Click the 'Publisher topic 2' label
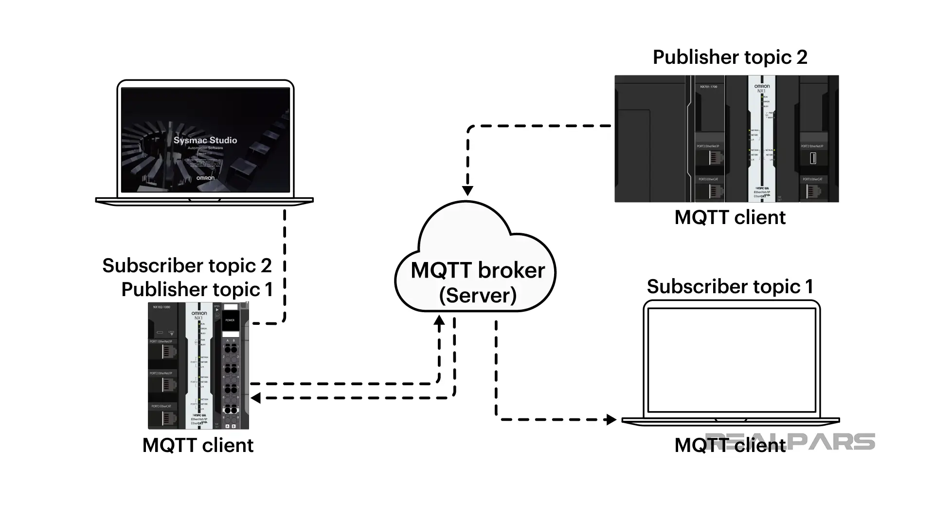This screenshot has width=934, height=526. click(x=730, y=57)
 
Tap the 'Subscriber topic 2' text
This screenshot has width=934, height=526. click(x=187, y=266)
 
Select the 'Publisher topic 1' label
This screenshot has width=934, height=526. click(x=197, y=290)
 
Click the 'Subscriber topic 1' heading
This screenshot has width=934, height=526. click(x=730, y=287)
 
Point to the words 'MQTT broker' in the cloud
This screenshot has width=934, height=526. click(x=478, y=271)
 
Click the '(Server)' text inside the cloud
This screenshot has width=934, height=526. click(x=478, y=295)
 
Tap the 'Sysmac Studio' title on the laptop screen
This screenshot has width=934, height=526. click(x=205, y=140)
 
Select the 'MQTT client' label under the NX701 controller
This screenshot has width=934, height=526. click(x=730, y=218)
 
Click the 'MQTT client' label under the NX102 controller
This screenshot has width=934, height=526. click(x=198, y=446)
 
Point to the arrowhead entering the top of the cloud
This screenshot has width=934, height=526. click(x=467, y=190)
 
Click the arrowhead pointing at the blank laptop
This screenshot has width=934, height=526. click(x=611, y=419)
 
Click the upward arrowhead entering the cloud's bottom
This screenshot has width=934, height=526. click(x=439, y=320)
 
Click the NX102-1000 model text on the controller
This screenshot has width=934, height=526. click(x=162, y=307)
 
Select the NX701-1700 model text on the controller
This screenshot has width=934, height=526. click(x=709, y=87)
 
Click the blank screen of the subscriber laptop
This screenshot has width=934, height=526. click(x=732, y=359)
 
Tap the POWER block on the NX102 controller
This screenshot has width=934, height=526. click(x=230, y=320)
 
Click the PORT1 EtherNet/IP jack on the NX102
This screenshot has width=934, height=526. click(x=168, y=352)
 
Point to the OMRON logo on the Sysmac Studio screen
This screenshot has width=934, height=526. click(x=205, y=178)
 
